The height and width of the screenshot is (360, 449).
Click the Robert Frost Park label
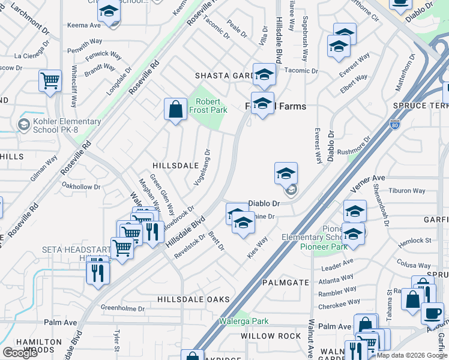tap(208, 106)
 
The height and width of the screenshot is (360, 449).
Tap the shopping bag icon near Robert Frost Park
tap(175, 110)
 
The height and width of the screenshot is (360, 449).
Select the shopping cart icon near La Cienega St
tap(50, 80)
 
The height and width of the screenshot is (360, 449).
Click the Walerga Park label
tap(243, 321)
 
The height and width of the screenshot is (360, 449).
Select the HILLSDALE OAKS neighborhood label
tap(193, 299)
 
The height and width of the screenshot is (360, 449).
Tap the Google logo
tap(20, 353)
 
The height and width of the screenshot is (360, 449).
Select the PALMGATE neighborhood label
tap(285, 282)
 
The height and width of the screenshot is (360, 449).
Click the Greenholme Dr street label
tap(122, 309)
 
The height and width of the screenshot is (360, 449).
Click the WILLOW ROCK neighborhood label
tap(270, 336)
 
